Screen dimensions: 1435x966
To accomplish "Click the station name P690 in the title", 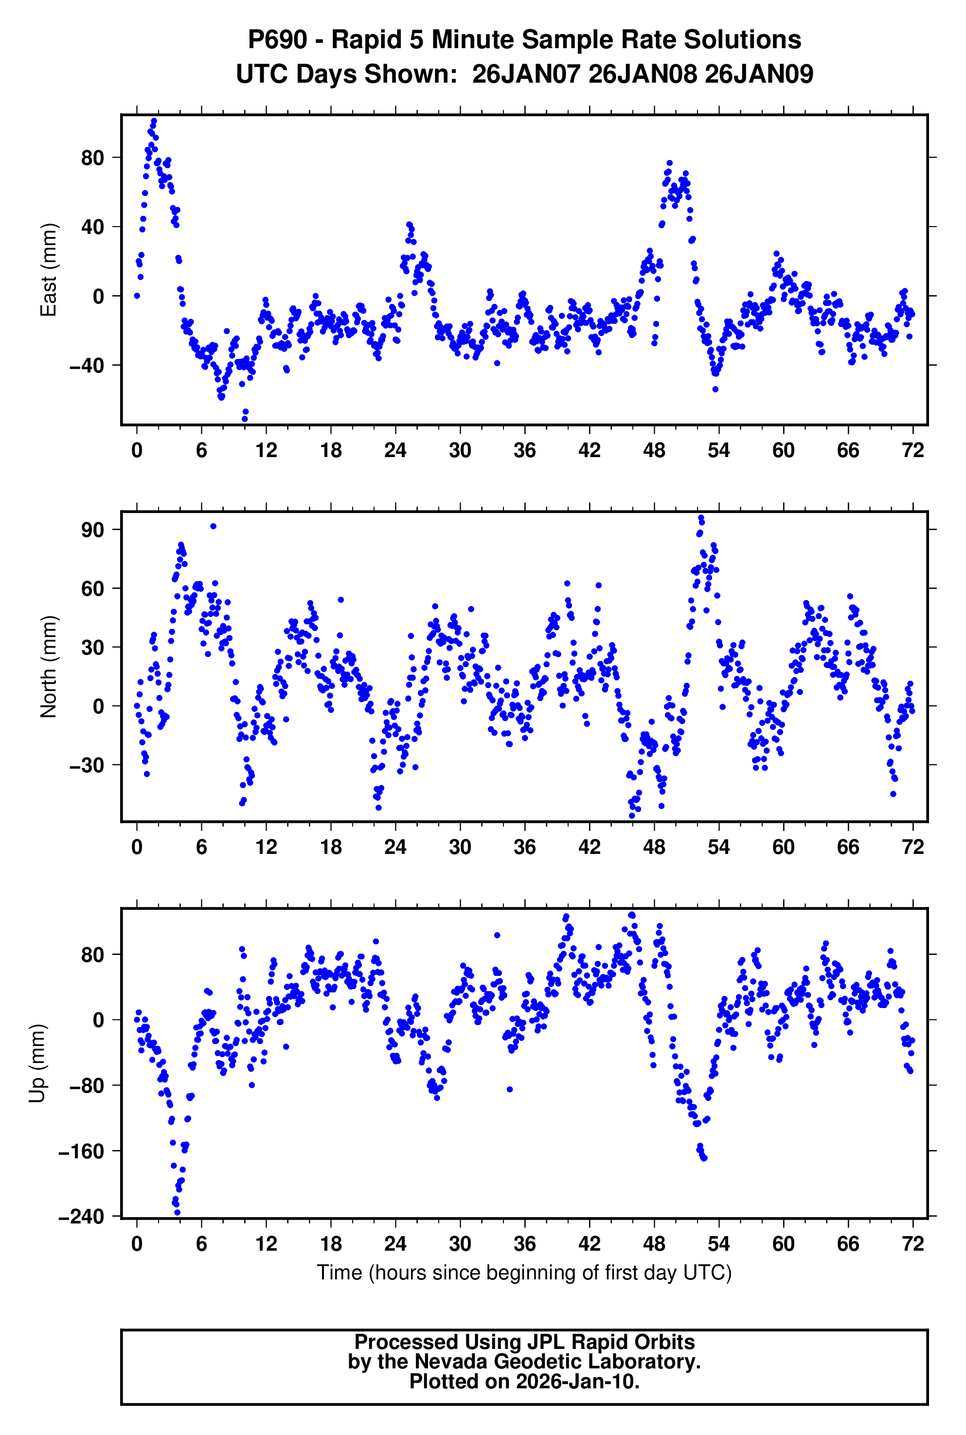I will tap(277, 40).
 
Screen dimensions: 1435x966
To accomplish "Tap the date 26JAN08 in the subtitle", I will tap(643, 74).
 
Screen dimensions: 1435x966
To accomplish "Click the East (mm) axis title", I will tap(48, 270).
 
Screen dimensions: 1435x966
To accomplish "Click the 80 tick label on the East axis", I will tap(92, 158).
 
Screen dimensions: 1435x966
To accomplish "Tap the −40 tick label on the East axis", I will tap(87, 365).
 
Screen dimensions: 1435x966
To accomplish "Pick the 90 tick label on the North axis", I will tap(92, 530).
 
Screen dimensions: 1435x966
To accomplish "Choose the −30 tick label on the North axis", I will tap(87, 765).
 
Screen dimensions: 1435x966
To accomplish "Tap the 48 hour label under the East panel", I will tap(654, 451).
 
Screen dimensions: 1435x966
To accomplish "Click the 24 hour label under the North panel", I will tap(395, 848).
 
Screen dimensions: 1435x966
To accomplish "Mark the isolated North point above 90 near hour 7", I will tap(213, 526).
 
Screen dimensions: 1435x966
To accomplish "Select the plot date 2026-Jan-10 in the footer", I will tap(577, 1382).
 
